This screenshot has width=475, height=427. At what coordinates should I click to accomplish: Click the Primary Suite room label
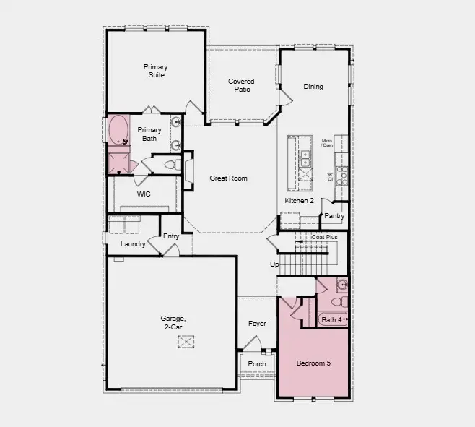154,71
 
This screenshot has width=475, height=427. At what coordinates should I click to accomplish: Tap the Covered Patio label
241,85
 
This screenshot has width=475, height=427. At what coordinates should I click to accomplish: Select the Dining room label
313,87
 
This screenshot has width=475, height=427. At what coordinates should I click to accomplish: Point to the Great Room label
228,178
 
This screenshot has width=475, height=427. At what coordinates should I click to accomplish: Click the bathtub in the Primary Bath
118,130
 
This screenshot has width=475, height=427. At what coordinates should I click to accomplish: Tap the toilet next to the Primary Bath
170,165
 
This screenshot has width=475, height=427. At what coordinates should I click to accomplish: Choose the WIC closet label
144,194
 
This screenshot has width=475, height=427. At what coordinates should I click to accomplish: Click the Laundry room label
133,244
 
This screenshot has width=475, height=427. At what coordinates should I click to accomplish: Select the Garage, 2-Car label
173,322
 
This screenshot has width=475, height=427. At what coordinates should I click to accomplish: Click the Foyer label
257,324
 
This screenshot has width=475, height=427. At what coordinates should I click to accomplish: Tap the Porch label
257,363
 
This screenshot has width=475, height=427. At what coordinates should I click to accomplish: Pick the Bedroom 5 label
313,363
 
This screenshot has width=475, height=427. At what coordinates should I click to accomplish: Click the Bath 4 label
331,319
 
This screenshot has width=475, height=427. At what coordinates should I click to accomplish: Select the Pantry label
334,216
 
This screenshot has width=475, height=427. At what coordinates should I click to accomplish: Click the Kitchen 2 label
299,200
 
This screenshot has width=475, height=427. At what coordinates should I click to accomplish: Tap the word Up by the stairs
274,264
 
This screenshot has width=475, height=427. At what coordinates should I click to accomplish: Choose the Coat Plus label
324,237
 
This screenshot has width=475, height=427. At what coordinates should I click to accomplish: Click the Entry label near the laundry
171,236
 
